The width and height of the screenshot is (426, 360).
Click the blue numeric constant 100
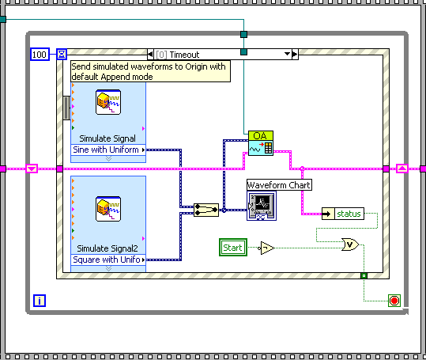point(40,54)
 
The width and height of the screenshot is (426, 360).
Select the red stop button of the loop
point(394,300)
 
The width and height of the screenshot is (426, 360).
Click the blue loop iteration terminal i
point(40,300)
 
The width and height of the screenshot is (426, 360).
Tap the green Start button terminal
point(232,248)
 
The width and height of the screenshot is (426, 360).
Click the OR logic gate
point(349,245)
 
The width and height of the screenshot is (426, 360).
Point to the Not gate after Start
point(267,248)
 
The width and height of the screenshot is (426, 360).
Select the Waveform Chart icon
point(262,206)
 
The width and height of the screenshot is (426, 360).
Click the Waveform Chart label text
point(279,185)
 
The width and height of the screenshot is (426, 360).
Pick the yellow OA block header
point(260,136)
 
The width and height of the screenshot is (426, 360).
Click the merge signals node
point(207,210)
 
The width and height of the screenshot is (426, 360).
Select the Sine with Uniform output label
point(107,150)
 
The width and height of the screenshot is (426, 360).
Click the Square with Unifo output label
point(107,259)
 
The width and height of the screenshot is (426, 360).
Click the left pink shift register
point(32,169)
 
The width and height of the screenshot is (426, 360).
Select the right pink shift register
point(401,169)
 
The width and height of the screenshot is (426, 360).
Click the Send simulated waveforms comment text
point(149,71)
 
